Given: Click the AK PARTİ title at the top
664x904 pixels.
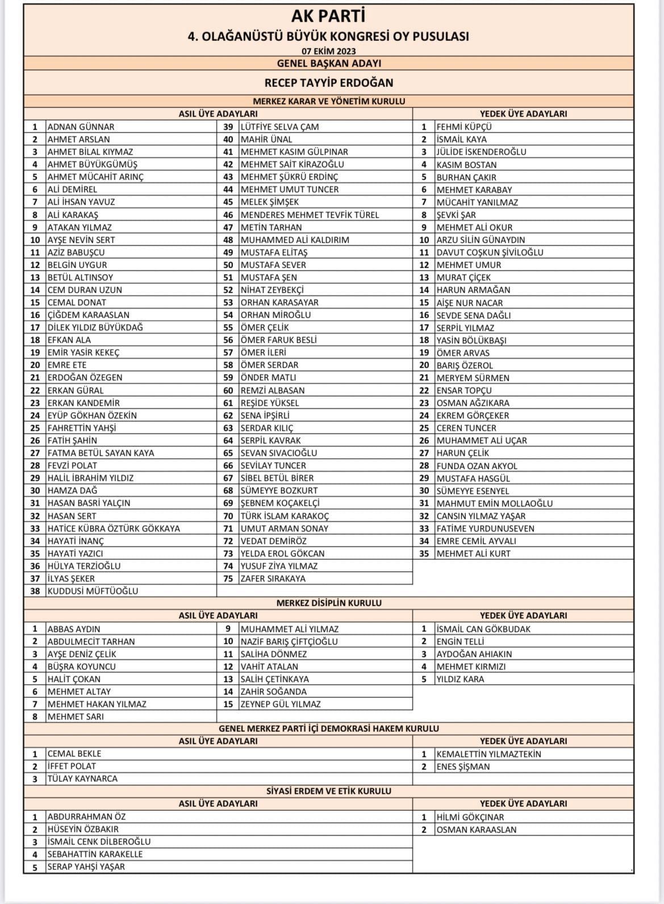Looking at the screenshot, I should click(328, 16).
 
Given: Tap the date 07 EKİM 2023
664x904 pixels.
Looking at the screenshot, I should click(328, 51).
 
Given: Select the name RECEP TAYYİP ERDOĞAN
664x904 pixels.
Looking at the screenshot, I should click(328, 83).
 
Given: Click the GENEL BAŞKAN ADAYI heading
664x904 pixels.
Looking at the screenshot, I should click(328, 64).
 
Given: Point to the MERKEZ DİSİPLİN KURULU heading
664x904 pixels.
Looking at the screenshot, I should click(328, 603).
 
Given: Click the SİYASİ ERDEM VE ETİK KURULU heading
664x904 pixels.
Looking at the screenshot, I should click(328, 791).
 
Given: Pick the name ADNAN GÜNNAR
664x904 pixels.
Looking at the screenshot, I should click(81, 127).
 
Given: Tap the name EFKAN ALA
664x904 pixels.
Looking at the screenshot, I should click(69, 340).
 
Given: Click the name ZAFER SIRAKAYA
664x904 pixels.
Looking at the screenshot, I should click(273, 578).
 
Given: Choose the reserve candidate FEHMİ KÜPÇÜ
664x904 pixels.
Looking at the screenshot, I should click(464, 127).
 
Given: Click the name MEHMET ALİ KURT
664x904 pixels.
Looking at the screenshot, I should click(473, 553).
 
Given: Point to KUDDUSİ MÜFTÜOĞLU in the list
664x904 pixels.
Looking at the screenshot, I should click(93, 591).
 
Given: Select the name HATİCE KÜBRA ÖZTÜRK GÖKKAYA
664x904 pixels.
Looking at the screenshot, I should click(114, 528).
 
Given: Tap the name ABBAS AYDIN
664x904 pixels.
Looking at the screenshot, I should click(74, 629).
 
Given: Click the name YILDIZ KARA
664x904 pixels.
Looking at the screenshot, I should click(460, 679).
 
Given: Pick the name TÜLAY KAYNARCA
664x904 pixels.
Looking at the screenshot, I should click(82, 779).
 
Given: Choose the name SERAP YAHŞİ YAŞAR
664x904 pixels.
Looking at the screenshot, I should click(86, 866).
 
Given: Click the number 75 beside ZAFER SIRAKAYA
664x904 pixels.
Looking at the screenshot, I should click(228, 578).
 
